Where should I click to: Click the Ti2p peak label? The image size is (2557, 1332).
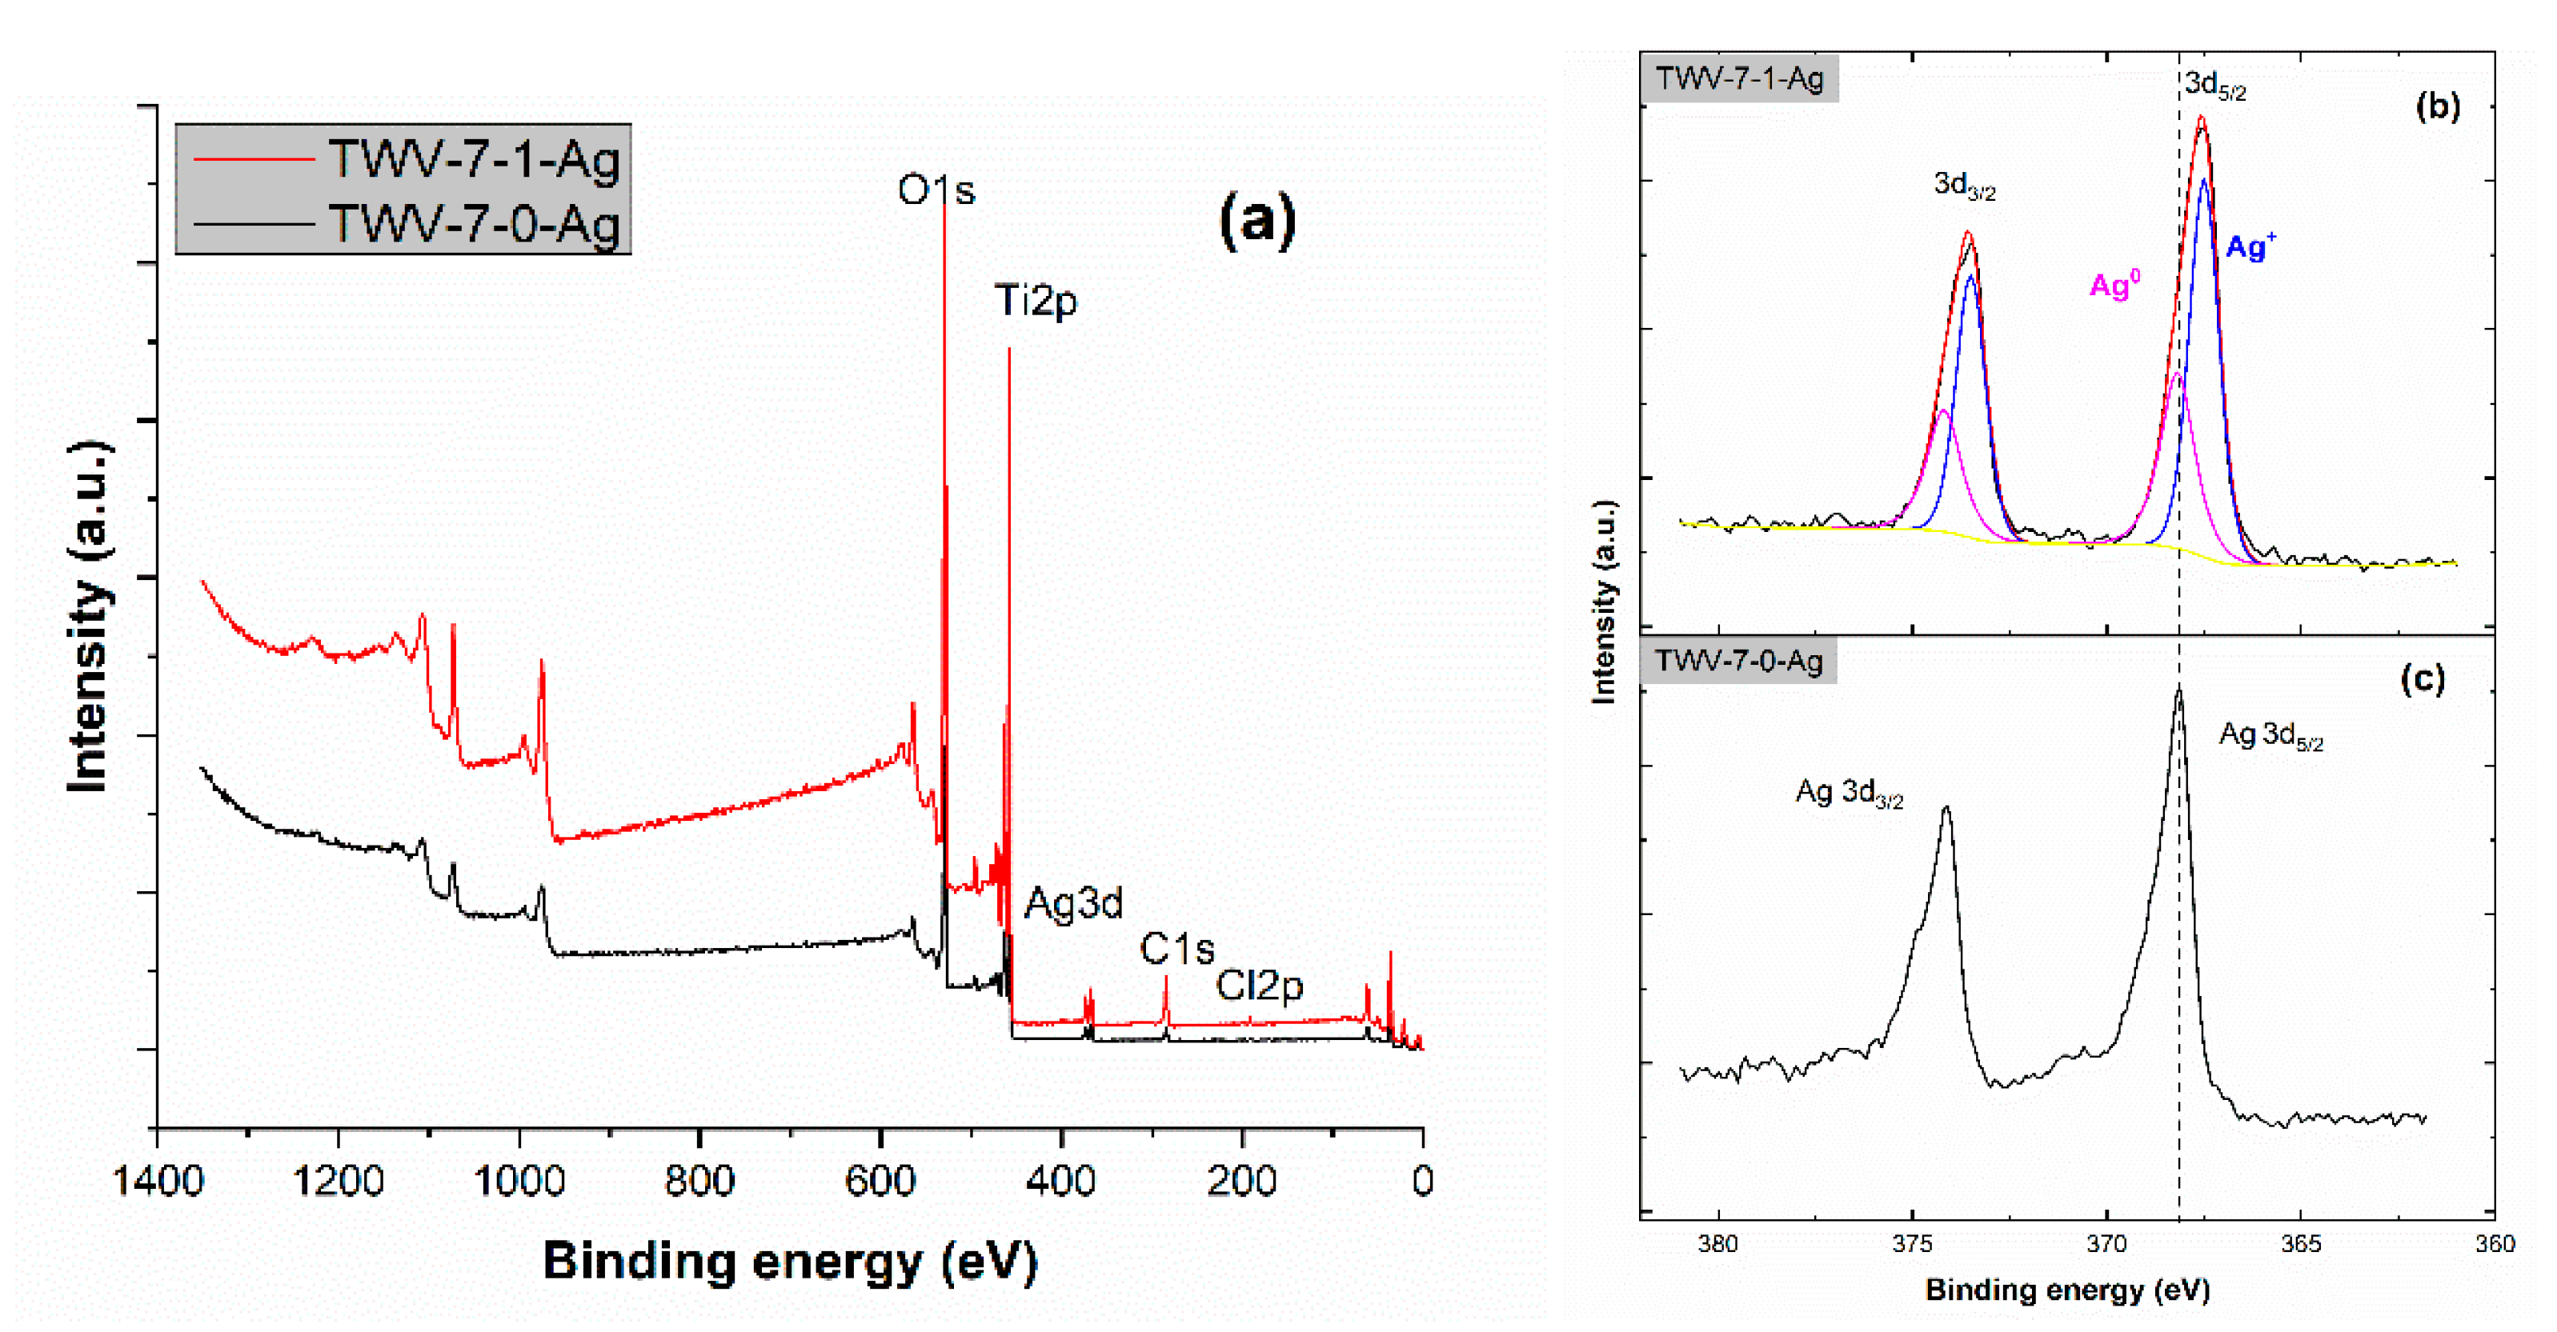pyautogui.click(x=1036, y=300)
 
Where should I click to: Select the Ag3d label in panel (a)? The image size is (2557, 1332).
pyautogui.click(x=1073, y=903)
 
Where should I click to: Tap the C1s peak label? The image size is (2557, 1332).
pyautogui.click(x=1176, y=949)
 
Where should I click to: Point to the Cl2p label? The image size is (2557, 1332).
pyautogui.click(x=1259, y=985)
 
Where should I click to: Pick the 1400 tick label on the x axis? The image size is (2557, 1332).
pyautogui.click(x=158, y=1181)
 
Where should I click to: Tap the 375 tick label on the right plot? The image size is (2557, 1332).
pyautogui.click(x=1912, y=1244)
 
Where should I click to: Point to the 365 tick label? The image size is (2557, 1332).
pyautogui.click(x=2300, y=1244)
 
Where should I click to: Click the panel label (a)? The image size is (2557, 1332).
pyautogui.click(x=1256, y=218)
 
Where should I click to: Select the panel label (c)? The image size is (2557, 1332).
pyautogui.click(x=2422, y=679)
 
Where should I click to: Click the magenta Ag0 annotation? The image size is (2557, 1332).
pyautogui.click(x=2114, y=286)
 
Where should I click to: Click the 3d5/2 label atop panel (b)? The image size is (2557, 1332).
pyautogui.click(x=2214, y=86)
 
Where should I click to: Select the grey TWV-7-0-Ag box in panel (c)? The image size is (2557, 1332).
pyautogui.click(x=1738, y=661)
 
